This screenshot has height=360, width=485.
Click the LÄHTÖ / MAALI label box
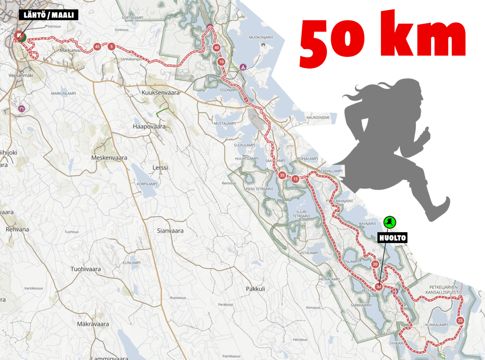(48, 15)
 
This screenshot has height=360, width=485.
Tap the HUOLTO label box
(392, 238)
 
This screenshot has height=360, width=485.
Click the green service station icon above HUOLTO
(390, 222)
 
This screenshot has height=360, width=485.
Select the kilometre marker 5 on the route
(111, 46)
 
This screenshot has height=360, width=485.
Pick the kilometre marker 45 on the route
(97, 46)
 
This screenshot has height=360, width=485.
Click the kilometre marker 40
(216, 47)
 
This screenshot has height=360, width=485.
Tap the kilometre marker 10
(221, 62)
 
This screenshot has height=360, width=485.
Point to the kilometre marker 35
(282, 175)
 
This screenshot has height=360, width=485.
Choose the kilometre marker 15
(296, 179)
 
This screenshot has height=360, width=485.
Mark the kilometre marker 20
(375, 264)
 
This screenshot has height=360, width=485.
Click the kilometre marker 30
(378, 287)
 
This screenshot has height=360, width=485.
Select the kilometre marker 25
(460, 321)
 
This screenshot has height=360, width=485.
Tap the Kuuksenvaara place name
(161, 93)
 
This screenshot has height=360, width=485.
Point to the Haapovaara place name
(149, 127)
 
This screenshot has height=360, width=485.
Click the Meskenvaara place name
(109, 158)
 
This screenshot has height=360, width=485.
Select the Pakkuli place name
(255, 288)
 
